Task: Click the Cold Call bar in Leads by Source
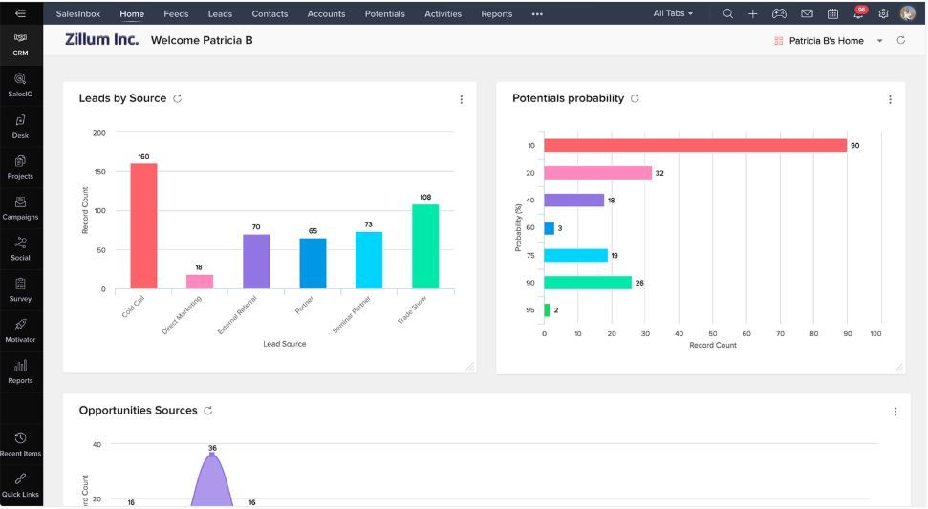[x=143, y=225]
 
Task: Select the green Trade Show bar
[x=425, y=245]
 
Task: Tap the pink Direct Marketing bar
[x=200, y=281]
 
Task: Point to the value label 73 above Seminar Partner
[x=368, y=224]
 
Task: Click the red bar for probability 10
[x=695, y=145]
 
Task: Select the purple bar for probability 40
[x=573, y=201]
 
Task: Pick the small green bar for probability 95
[x=547, y=310]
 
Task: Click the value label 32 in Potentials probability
[x=659, y=174]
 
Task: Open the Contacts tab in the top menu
[x=270, y=14]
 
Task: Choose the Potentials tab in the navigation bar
[x=384, y=14]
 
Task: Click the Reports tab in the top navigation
[x=496, y=14]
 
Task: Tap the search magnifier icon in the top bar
[x=728, y=14]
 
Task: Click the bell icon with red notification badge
[x=858, y=14]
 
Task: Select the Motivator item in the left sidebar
[x=20, y=330]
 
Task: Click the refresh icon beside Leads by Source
[x=178, y=99]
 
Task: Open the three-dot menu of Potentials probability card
[x=890, y=100]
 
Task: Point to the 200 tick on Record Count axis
[x=99, y=133]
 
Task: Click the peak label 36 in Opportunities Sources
[x=212, y=448]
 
